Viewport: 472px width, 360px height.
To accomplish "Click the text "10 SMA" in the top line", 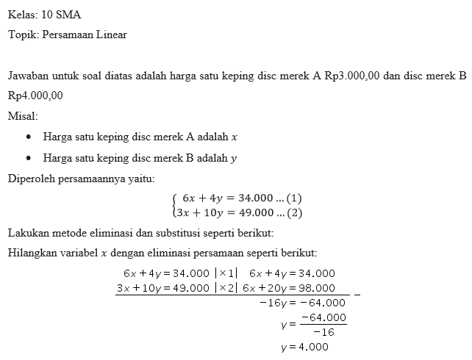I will point(61,14).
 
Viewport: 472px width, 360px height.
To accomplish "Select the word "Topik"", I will point(22,35).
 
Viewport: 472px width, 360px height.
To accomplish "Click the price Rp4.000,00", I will point(35,96).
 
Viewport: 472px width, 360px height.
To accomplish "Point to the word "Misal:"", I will point(22,116).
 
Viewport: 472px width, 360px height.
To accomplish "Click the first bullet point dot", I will point(28,137).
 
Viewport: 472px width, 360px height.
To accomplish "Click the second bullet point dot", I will point(28,157).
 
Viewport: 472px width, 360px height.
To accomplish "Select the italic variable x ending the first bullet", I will point(234,137).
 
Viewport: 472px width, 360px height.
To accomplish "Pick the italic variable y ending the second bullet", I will point(234,158).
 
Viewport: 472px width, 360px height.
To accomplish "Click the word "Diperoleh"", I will point(30,179).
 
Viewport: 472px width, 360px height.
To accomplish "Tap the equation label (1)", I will point(294,198).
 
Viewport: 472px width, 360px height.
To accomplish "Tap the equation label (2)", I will point(294,213).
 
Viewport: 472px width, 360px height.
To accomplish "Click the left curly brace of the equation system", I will point(174,205).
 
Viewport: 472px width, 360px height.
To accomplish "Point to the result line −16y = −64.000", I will point(302,302).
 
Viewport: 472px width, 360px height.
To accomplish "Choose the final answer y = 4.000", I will point(304,347).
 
